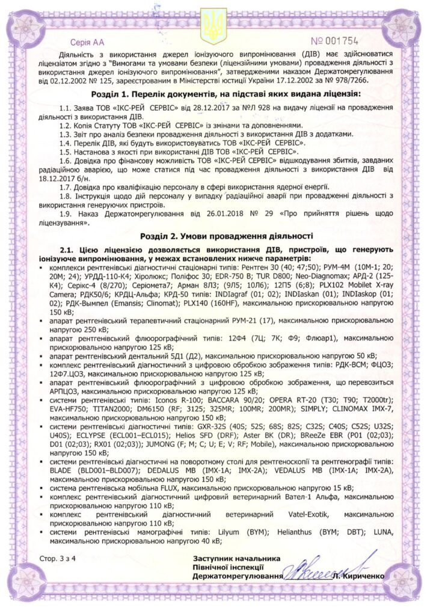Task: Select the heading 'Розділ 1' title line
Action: tap(218, 94)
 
